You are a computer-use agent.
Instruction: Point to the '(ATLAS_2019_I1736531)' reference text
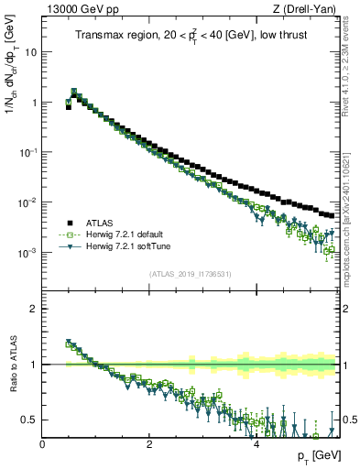click(x=191, y=274)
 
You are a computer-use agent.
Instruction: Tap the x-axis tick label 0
click(x=43, y=444)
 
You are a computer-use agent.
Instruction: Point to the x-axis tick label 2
click(x=149, y=444)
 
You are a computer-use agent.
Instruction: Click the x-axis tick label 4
click(x=256, y=444)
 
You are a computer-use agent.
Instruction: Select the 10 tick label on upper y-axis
click(x=30, y=52)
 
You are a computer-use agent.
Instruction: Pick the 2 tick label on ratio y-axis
click(x=36, y=309)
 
